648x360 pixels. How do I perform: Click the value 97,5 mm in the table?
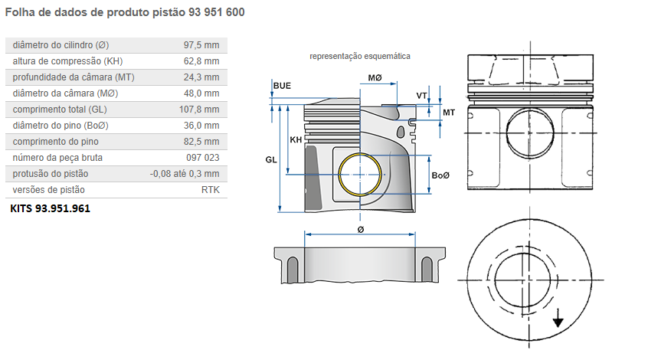[201, 45]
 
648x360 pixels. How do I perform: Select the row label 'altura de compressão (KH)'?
[67, 61]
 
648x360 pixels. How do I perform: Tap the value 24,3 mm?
[201, 77]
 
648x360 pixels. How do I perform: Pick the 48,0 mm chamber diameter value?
[201, 93]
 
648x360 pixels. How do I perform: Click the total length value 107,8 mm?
[198, 110]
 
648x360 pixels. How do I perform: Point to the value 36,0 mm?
[201, 126]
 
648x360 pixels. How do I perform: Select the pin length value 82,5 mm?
[201, 142]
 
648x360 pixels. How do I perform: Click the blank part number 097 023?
[202, 158]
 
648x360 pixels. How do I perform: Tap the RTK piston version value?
[210, 190]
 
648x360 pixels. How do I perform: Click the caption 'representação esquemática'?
[359, 57]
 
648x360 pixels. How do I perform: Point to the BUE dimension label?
[282, 85]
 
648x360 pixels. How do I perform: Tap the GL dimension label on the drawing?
[270, 159]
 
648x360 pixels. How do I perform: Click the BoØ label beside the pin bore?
[440, 176]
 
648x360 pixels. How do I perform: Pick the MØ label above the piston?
[375, 79]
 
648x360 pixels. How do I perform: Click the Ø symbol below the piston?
[360, 229]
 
